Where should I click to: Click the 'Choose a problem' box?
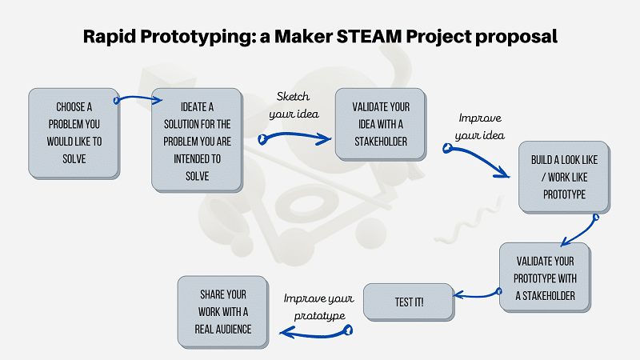pyautogui.click(x=73, y=133)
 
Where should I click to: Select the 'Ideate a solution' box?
pyautogui.click(x=196, y=141)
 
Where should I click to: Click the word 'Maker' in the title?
pyautogui.click(x=314, y=37)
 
